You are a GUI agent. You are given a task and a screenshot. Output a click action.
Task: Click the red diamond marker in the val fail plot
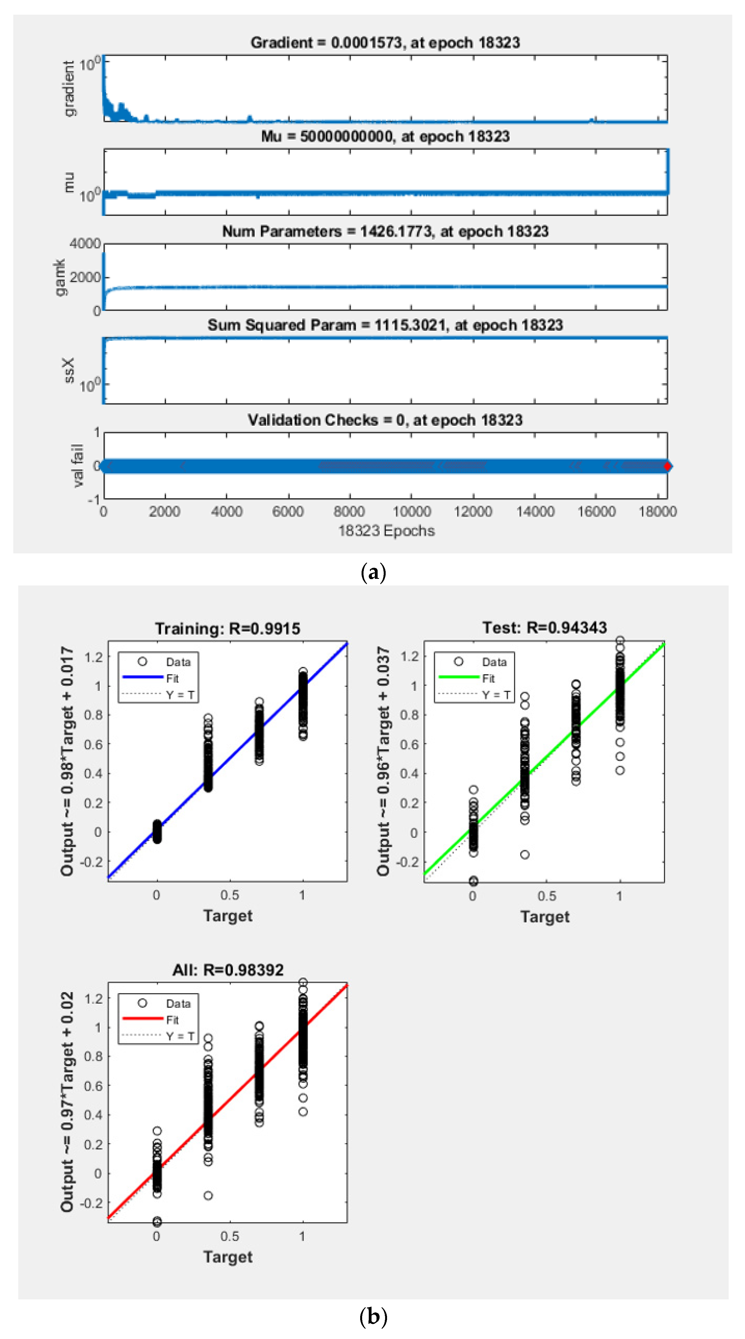[x=667, y=466]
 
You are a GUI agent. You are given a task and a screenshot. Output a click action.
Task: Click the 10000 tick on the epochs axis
[x=411, y=512]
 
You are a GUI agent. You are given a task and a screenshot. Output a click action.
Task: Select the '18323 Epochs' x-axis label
[x=386, y=531]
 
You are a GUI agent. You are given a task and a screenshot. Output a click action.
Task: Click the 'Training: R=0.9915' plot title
[x=228, y=629]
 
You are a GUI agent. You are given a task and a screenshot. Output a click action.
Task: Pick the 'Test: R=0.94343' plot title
[x=544, y=628]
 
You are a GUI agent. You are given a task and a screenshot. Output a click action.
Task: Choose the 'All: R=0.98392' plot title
[x=228, y=970]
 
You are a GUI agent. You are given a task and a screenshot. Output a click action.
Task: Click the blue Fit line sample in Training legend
[x=143, y=677]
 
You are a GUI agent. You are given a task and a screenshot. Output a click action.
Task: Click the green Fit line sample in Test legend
[x=458, y=677]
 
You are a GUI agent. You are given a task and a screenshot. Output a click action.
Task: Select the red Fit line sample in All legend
[x=143, y=1019]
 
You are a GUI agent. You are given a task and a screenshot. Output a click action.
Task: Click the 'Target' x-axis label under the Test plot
[x=544, y=916]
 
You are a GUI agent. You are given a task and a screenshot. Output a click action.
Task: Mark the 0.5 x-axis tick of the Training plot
[x=229, y=895]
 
